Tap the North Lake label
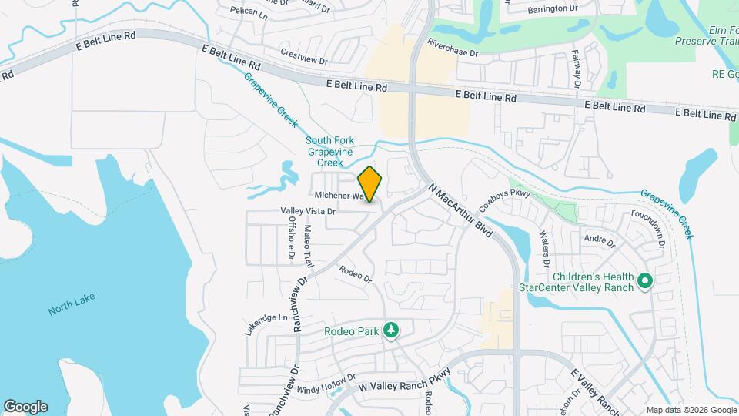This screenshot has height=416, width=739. coord(71,310)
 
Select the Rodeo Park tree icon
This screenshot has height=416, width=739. coord(392,330)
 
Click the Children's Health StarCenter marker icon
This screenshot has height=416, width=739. coord(645,282)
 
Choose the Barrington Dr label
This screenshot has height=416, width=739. coord(553,9)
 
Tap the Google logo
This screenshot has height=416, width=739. coord(25,406)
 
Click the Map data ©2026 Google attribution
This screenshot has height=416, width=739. coord(691,409)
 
